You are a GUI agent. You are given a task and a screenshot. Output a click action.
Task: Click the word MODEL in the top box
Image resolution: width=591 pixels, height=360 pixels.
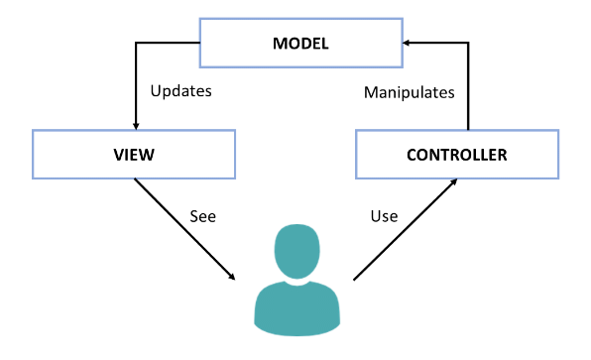coord(300,45)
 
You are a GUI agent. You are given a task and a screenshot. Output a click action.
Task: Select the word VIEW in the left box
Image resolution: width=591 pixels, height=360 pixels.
coord(133,156)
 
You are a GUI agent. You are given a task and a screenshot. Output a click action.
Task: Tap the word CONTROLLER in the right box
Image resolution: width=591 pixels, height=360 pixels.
coord(457,156)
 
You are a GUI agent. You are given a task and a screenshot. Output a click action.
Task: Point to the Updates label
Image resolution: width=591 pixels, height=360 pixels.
coord(180,91)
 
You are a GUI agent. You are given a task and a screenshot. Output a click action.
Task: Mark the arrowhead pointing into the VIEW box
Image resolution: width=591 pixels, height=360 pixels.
coord(134,125)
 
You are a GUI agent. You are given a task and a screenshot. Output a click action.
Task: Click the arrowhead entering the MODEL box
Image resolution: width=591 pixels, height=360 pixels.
coord(406,44)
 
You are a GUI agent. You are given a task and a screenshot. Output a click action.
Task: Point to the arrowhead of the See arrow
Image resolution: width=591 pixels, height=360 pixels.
coord(234,277)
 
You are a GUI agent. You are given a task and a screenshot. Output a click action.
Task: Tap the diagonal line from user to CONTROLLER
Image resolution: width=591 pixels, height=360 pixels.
coord(405,230)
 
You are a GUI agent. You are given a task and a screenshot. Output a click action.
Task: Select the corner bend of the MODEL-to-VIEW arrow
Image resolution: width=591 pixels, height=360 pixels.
coord(134,44)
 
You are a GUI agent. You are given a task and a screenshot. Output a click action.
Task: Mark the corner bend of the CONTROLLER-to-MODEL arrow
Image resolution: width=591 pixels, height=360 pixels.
coord(466,44)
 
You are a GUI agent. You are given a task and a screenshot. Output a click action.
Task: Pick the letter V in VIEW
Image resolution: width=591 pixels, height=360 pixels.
coord(115,156)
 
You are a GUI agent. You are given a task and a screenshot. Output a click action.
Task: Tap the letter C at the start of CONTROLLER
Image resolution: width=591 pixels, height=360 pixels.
coord(413,156)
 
